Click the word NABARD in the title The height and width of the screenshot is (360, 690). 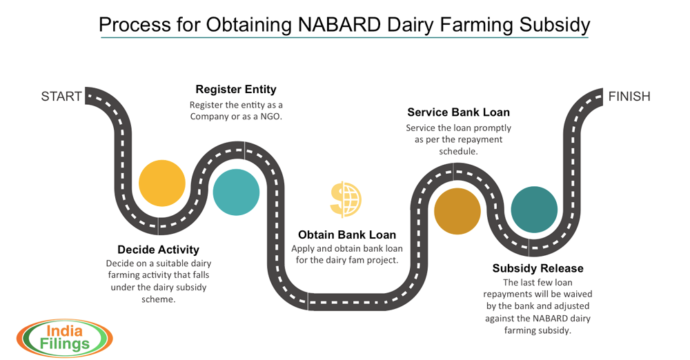coord(339,25)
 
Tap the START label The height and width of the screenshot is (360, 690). coord(61,97)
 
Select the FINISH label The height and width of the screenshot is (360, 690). coord(629,97)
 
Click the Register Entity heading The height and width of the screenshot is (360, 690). coord(236,90)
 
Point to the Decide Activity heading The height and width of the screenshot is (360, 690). coord(159,250)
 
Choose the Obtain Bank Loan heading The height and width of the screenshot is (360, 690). coord(347,234)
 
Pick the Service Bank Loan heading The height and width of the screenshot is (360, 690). coord(459,112)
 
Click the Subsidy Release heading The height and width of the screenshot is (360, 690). coord(538,268)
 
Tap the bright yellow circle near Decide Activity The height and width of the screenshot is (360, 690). coord(162,183)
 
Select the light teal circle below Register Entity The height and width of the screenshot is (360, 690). coord(236,192)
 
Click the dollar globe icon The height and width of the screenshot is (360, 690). coord(346,199)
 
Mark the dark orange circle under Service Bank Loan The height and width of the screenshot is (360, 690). coord(457,211)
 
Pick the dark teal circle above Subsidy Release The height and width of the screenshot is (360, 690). coord(534,210)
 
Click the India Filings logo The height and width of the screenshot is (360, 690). coord(65,338)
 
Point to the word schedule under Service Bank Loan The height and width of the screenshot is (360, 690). coord(459,152)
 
